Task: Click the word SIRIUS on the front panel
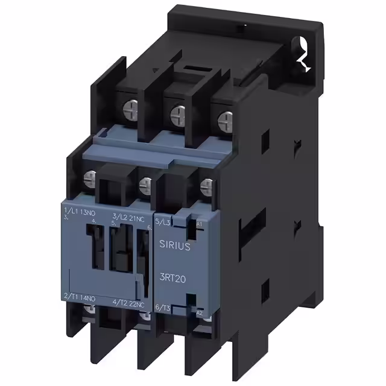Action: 175,245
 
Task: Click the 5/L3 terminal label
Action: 163,222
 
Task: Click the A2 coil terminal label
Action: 200,312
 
